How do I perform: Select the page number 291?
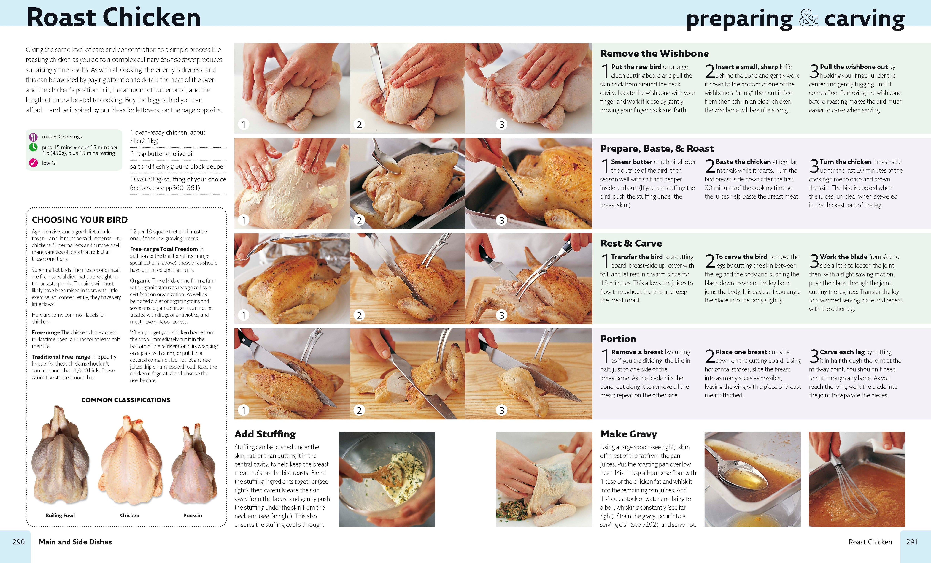pos(912,542)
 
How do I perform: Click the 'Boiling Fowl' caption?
pos(60,515)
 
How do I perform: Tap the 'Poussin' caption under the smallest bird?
pos(192,515)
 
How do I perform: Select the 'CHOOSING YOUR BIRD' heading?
pos(80,220)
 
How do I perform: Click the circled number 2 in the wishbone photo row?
pos(359,124)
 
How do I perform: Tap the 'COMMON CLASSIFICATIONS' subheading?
pos(126,400)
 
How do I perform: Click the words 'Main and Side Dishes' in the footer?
pos(75,542)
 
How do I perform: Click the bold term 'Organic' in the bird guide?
pos(140,280)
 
